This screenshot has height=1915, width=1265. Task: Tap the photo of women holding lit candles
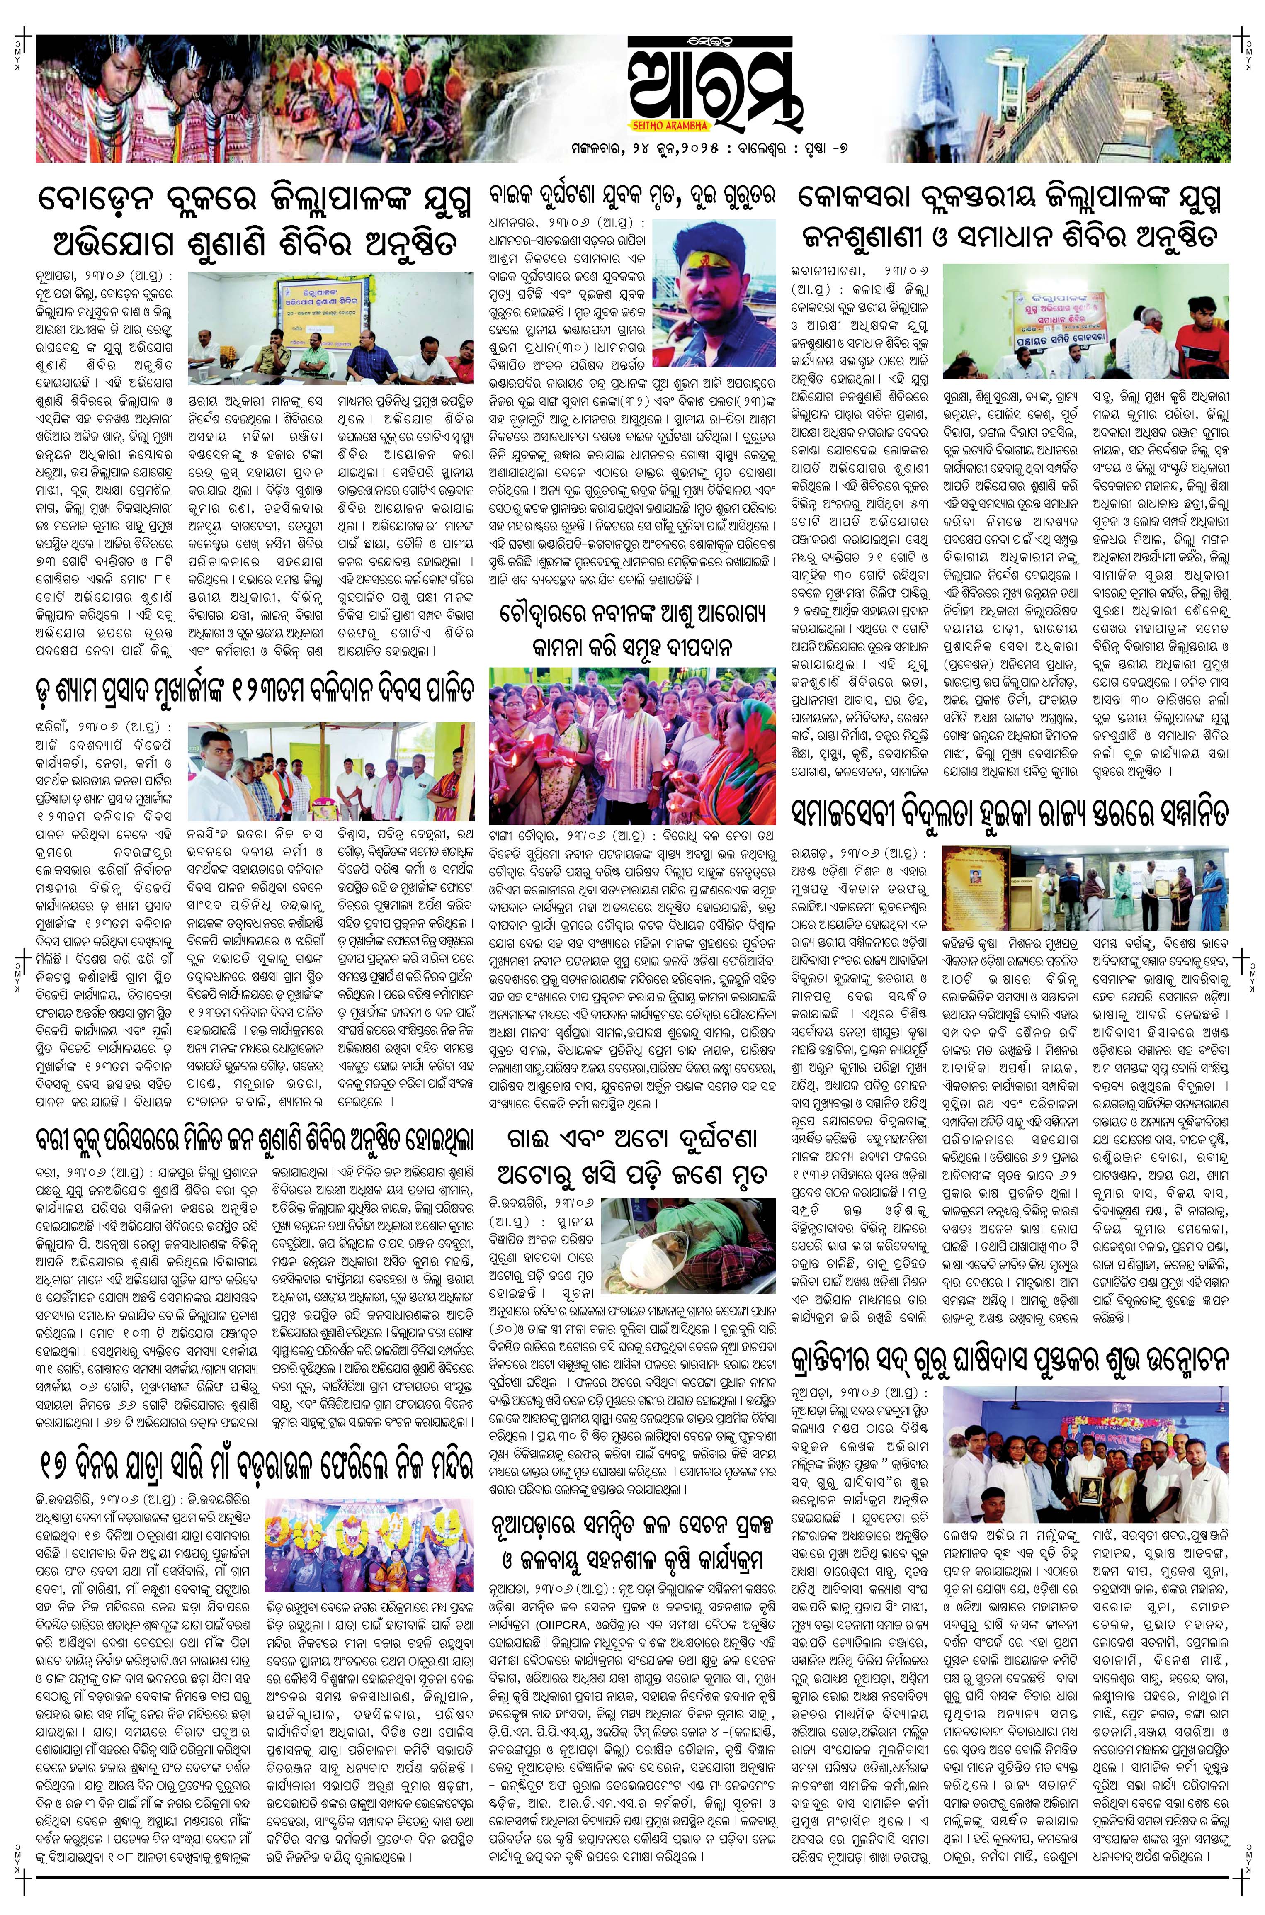tap(633, 734)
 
